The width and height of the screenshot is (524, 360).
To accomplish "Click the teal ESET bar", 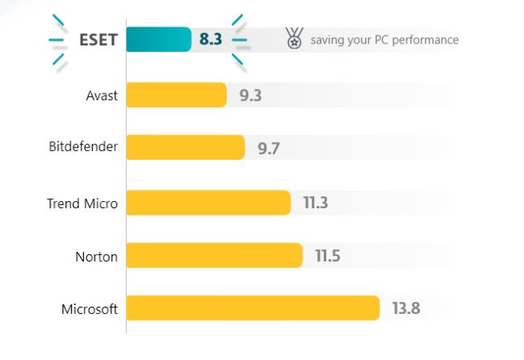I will [159, 40].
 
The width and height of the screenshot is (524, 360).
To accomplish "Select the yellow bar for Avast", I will [176, 95].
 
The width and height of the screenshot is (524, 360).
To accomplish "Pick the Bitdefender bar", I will [186, 148].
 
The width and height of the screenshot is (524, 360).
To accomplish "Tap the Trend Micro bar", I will [208, 203].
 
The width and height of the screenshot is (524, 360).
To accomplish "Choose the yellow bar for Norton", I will [214, 256].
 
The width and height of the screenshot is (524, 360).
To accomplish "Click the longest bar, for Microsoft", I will [253, 308].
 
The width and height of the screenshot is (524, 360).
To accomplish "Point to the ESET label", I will [97, 40].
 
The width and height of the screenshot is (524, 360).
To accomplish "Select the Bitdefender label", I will [83, 148].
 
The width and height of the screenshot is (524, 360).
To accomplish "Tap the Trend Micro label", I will [82, 203].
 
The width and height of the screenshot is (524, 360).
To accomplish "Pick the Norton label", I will [97, 257].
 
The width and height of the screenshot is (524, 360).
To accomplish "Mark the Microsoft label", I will [90, 309].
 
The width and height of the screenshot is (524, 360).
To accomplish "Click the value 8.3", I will [210, 40].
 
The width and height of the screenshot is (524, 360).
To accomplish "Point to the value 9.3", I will [250, 96].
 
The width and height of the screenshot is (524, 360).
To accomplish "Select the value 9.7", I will [269, 149].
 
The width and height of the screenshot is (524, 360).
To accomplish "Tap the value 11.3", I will [315, 203].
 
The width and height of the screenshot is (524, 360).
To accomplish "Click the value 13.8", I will [405, 309].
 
